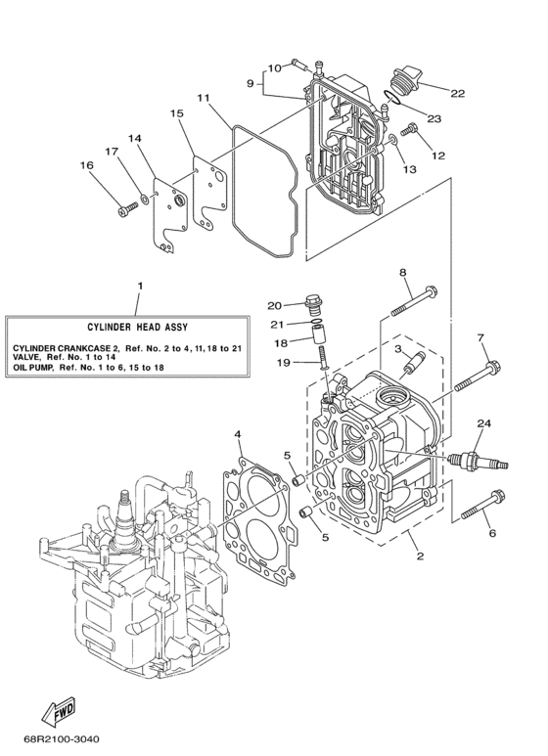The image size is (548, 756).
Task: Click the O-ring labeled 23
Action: coord(393,99)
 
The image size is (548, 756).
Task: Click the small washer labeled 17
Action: coord(145,199)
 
